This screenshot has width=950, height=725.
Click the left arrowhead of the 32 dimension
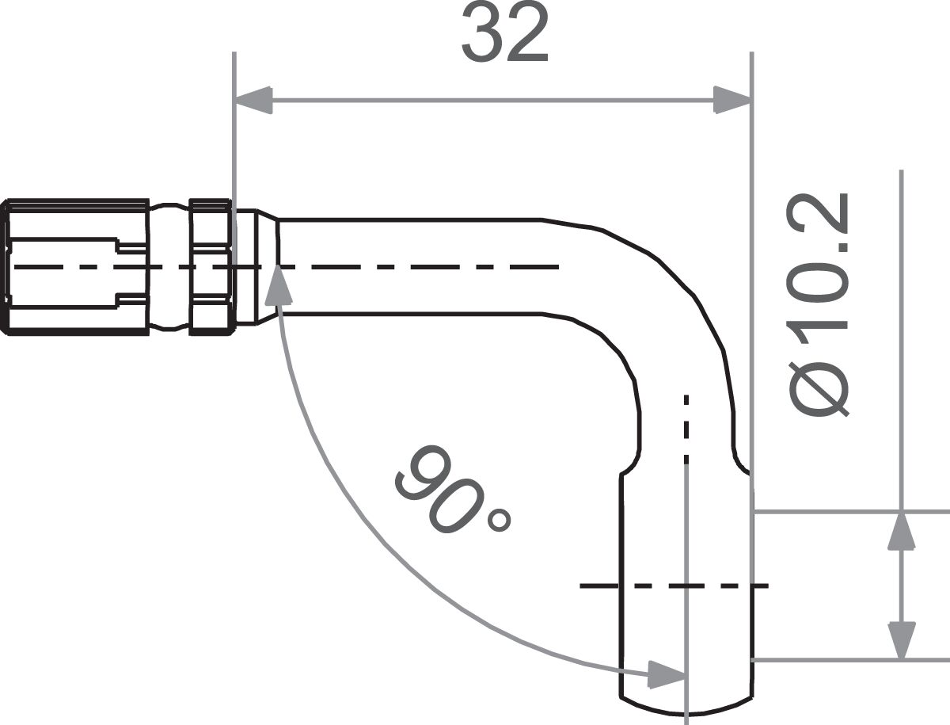pyautogui.click(x=253, y=101)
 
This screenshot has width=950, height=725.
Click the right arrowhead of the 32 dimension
pyautogui.click(x=731, y=101)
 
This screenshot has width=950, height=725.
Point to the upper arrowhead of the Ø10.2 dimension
pyautogui.click(x=902, y=531)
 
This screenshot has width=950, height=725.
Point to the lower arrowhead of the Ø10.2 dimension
pyautogui.click(x=902, y=640)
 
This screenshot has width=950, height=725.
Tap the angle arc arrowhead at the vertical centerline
pyautogui.click(x=665, y=675)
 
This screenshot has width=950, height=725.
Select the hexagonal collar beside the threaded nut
pyautogui.click(x=210, y=266)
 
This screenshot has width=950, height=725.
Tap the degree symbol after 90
pyautogui.click(x=500, y=521)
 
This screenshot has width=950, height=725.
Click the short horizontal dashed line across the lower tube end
pyautogui.click(x=673, y=586)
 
